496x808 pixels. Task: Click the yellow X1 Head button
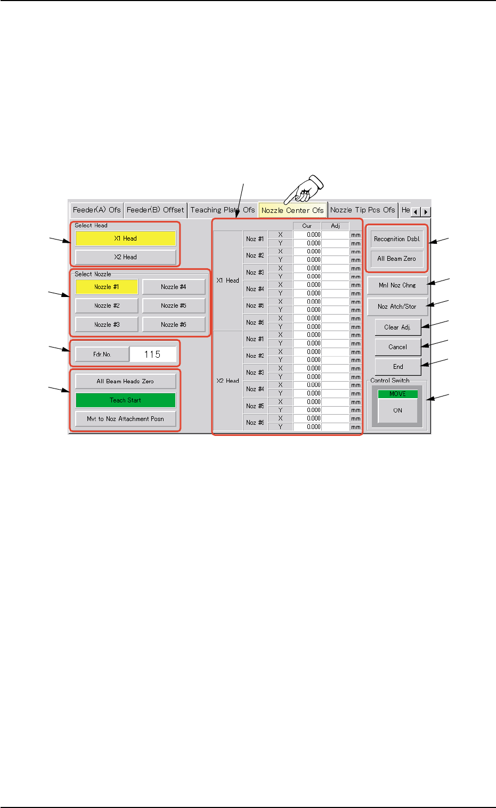coord(125,238)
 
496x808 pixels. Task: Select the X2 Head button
coord(125,257)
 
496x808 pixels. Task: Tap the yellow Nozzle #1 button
coord(107,287)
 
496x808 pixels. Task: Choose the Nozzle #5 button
coord(174,306)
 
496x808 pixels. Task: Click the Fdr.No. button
coord(102,354)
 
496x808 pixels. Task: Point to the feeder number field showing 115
coord(152,354)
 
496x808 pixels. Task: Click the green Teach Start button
coord(125,400)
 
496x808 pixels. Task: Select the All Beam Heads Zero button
coord(125,381)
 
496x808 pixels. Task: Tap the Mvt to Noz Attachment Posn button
coord(125,419)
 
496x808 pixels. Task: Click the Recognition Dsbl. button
coord(397,239)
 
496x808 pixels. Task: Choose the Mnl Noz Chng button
coord(397,285)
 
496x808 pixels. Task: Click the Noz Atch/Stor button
coord(397,307)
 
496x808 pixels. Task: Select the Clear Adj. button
coord(397,327)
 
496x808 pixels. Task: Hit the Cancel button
coord(397,347)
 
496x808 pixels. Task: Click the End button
coord(397,367)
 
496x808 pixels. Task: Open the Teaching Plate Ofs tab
coord(222,210)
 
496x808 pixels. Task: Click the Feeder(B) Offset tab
coord(155,210)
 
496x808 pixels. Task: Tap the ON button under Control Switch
coord(397,410)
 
